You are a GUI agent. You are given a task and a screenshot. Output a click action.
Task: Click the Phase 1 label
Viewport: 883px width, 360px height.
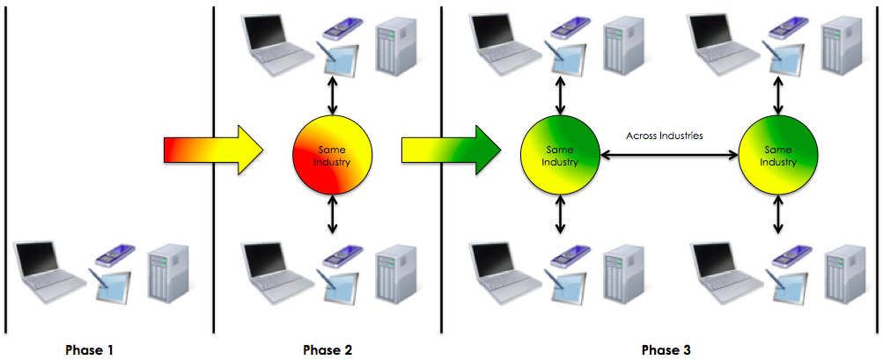click(89, 349)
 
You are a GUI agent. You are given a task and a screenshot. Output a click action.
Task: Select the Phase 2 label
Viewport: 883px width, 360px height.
click(327, 349)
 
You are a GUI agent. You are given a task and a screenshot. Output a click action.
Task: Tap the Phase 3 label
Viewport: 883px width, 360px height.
click(666, 349)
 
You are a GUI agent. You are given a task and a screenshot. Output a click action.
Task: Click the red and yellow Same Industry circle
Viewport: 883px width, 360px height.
click(333, 157)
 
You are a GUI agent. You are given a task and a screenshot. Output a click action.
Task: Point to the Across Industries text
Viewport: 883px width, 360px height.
click(666, 136)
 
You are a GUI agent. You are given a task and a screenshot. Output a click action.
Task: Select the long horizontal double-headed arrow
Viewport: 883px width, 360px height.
click(668, 156)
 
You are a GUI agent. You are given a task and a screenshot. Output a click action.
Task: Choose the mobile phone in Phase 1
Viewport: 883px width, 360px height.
click(113, 255)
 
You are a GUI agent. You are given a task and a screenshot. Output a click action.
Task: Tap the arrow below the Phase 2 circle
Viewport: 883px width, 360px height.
click(333, 216)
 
